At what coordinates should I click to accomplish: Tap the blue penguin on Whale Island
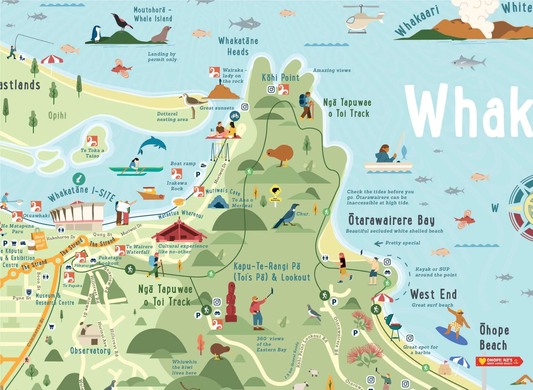coord(96,34)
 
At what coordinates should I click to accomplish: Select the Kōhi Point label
coord(281,78)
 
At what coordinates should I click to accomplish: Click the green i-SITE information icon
coord(79,179)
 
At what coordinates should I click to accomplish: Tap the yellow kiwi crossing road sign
coord(275,191)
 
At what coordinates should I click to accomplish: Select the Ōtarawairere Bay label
coord(391,220)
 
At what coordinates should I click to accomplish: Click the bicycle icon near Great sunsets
coord(235,116)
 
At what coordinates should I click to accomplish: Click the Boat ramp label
coord(183,164)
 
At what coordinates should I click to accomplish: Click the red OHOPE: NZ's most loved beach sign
coord(499,361)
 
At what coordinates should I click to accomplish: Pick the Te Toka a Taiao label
coord(92,153)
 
